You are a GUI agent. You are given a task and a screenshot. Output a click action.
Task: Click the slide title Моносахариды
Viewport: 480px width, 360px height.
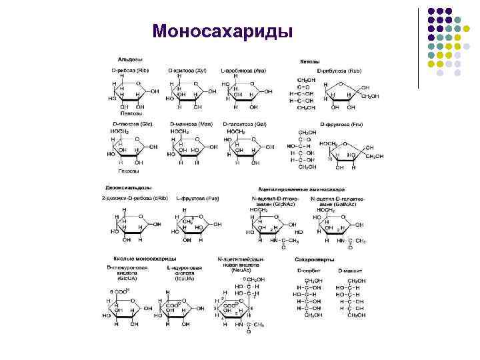[222, 31]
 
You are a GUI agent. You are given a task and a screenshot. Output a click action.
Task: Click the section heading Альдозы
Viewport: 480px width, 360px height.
[123, 61]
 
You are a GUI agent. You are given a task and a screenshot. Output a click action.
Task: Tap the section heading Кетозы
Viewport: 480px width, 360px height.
[309, 62]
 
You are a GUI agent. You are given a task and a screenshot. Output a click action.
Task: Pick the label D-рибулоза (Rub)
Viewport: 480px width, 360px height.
[341, 70]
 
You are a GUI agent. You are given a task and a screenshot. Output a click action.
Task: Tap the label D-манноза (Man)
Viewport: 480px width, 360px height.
[191, 124]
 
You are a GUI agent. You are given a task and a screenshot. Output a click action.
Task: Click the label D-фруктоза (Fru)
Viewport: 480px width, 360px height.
[341, 124]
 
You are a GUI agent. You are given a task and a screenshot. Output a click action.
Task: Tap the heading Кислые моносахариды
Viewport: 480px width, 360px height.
[141, 257]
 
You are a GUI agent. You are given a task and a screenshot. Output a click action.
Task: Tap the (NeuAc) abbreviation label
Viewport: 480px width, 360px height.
[241, 271]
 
